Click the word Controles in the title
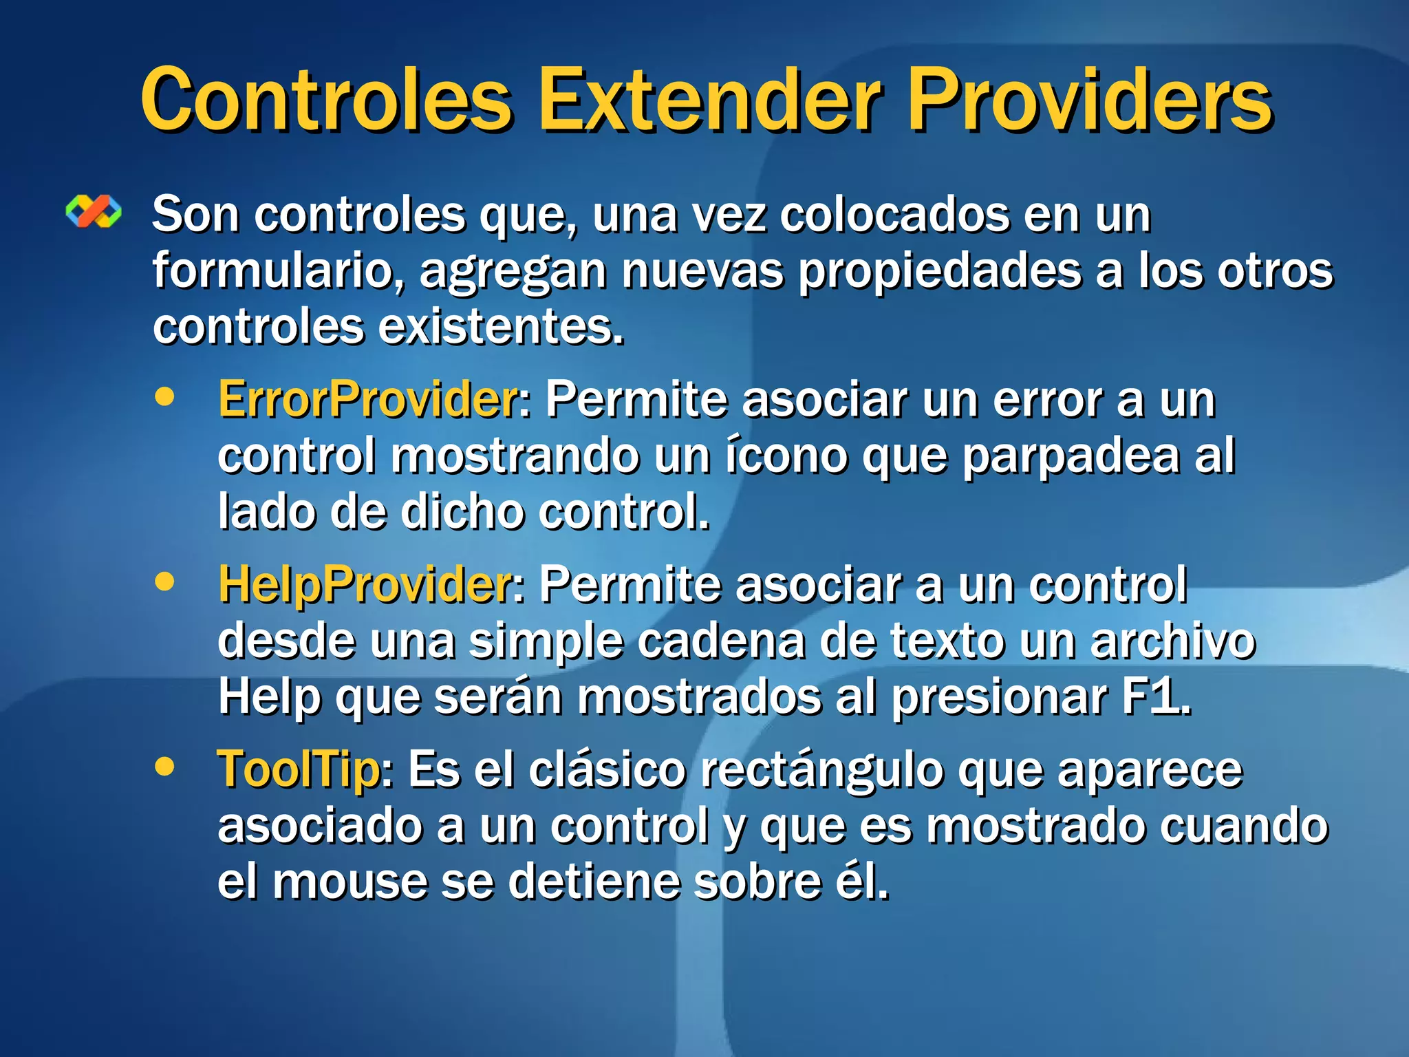coord(327,100)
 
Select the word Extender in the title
coord(709,100)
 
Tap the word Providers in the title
coord(1090,100)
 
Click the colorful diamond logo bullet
coord(94,211)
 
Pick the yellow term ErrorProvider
coord(369,400)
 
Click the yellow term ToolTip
coord(299,769)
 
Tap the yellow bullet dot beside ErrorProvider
coord(165,397)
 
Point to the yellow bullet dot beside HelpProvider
coord(165,581)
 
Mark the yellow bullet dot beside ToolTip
coord(165,765)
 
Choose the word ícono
coord(786,456)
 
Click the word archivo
coord(1173,641)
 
